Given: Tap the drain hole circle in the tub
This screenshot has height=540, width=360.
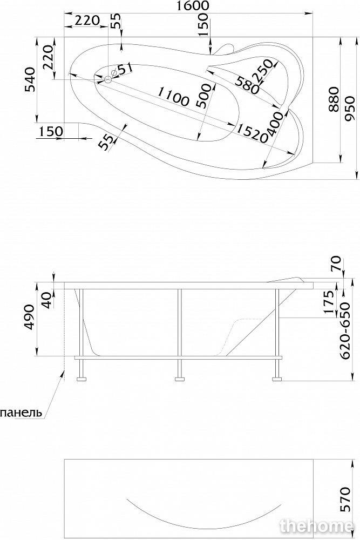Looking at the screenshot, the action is [108, 80].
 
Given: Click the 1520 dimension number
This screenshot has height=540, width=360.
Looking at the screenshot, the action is [252, 133].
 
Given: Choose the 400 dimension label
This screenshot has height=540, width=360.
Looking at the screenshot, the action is [277, 125].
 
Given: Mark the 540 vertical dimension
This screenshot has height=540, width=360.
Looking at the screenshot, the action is [31, 79].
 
